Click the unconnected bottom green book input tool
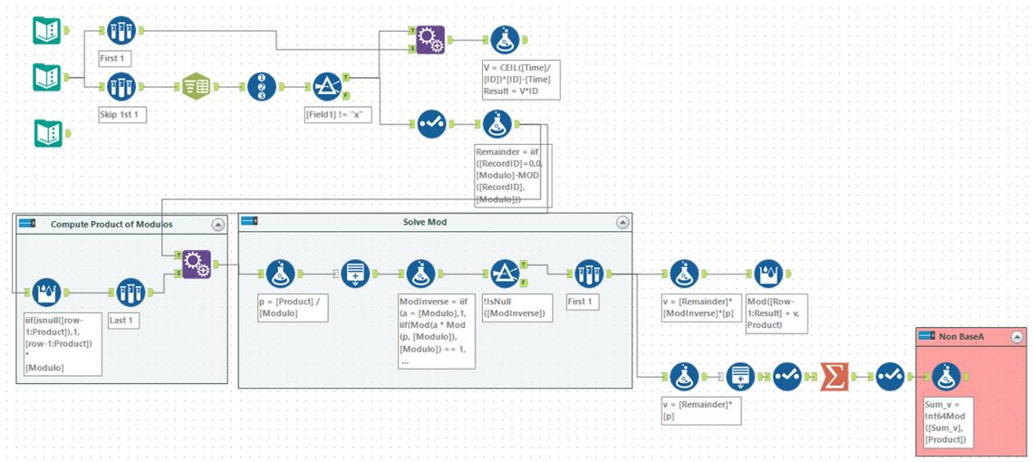pos(46,133)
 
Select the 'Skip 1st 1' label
pos(123,115)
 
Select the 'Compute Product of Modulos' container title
pos(111,224)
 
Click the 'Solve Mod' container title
pos(424,222)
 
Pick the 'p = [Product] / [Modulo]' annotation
pos(289,308)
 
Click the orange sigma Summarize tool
pos(834,373)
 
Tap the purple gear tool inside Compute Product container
pos(196,265)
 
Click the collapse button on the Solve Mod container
pos(623,222)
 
